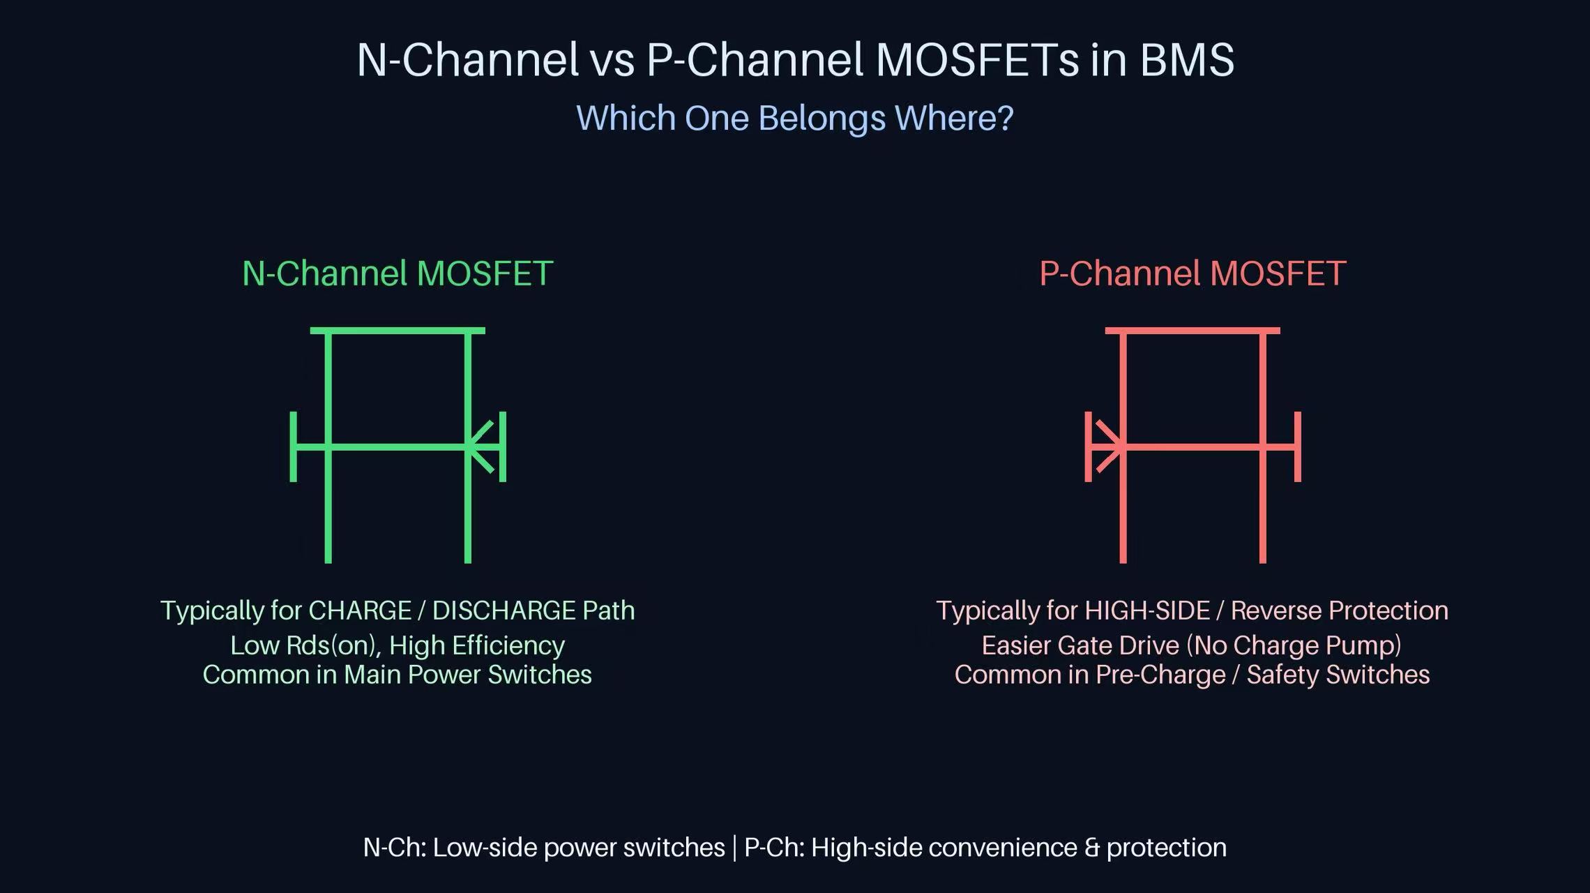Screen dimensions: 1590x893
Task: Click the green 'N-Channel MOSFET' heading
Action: click(x=397, y=273)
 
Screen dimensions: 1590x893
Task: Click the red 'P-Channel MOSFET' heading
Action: click(x=1192, y=273)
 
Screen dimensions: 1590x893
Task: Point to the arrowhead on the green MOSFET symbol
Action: click(x=480, y=446)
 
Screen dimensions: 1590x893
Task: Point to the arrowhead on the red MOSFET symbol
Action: click(x=1110, y=446)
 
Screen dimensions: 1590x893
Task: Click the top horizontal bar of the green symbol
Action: click(x=397, y=330)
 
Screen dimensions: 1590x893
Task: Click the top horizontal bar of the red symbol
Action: click(x=1192, y=330)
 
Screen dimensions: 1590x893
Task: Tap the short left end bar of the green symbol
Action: click(x=294, y=446)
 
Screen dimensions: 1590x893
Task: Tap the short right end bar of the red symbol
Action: click(x=1298, y=446)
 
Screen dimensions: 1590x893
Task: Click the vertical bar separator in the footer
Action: click(x=734, y=848)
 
